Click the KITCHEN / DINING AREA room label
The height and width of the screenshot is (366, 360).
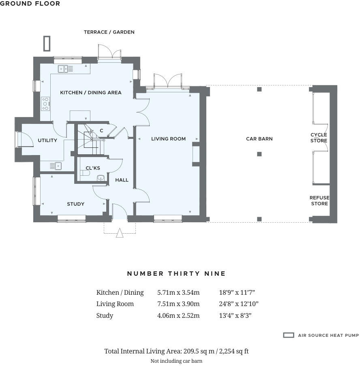[91, 92]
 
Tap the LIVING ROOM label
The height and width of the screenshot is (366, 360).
[168, 139]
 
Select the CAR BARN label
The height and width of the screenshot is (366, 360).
[259, 139]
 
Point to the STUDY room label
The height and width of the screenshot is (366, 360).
[75, 204]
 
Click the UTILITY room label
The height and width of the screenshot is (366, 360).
[47, 140]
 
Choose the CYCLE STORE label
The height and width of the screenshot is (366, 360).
[319, 138]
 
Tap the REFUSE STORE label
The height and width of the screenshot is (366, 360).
[319, 201]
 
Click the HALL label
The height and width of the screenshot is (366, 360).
[122, 180]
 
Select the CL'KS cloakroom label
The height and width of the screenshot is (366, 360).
[93, 168]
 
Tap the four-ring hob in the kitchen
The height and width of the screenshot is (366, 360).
[45, 104]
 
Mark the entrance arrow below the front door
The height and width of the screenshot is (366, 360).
[120, 233]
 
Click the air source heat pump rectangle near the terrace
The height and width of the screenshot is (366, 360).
[47, 43]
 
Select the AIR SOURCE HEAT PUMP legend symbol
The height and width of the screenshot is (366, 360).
[288, 335]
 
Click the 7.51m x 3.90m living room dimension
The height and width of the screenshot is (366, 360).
[178, 304]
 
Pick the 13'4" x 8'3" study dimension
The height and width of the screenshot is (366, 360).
[235, 316]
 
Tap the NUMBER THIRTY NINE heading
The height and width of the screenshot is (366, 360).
[176, 274]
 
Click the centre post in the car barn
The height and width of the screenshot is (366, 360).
[259, 154]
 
